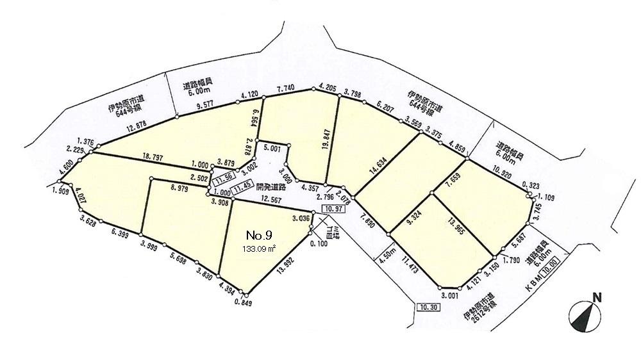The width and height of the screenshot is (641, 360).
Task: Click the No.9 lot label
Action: coord(260,236)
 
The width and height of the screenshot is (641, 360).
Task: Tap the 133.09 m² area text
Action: coord(260,249)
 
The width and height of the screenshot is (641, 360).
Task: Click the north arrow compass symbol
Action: coord(585,313)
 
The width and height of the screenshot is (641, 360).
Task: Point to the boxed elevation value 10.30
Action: coord(427,307)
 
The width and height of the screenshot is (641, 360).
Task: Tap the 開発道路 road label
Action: coord(272,187)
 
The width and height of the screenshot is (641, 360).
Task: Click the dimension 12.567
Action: coord(274,200)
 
